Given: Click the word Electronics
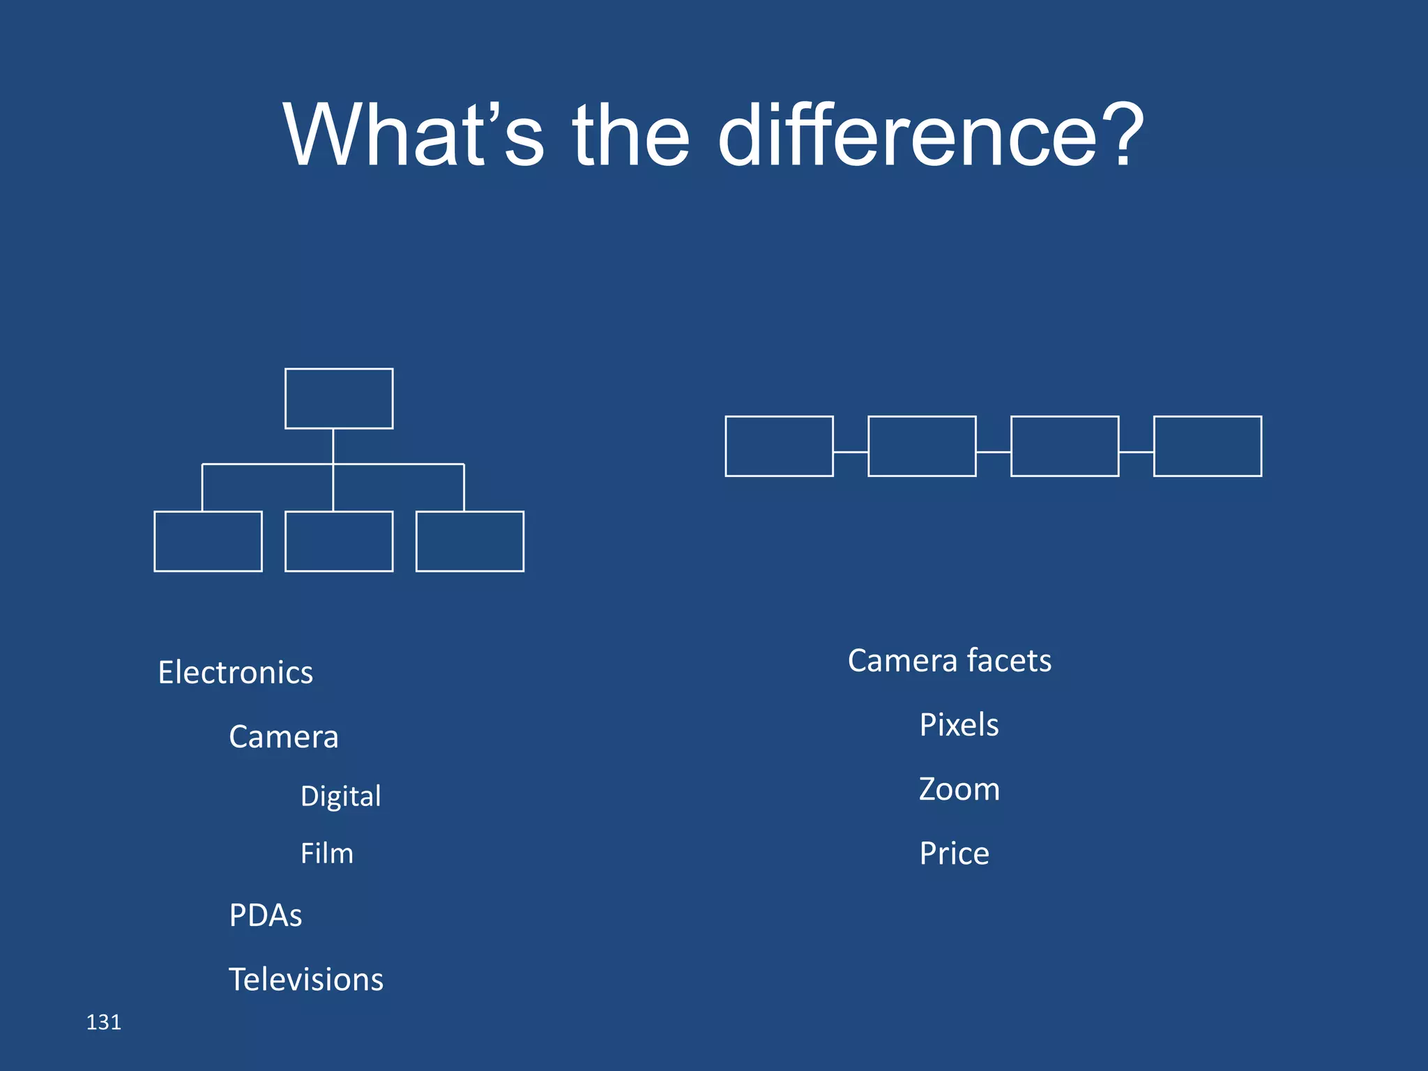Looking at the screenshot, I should (x=235, y=673).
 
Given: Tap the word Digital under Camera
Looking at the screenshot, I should (x=340, y=796).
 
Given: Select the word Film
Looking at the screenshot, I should (x=326, y=853).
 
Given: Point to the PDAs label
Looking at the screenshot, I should (x=265, y=916).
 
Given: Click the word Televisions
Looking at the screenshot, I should (x=306, y=980).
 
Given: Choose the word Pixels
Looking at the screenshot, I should (x=959, y=725).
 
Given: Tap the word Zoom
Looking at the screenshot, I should (x=959, y=789).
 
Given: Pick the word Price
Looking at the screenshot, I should (x=954, y=853).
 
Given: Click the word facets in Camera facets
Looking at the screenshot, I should (x=1009, y=660).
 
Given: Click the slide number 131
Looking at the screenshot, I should (x=103, y=1022).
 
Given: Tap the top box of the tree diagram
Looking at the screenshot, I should (x=339, y=398).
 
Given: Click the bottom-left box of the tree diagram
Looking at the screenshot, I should (x=208, y=541).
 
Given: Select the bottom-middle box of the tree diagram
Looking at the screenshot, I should (x=339, y=541).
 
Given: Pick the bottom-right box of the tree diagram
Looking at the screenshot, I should (x=470, y=541).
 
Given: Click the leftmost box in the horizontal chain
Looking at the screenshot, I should (x=779, y=446).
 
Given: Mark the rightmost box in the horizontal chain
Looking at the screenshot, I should (x=1208, y=446).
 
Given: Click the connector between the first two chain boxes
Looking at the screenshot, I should (x=851, y=452).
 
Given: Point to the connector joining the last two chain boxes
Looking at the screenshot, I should (x=1137, y=452).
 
